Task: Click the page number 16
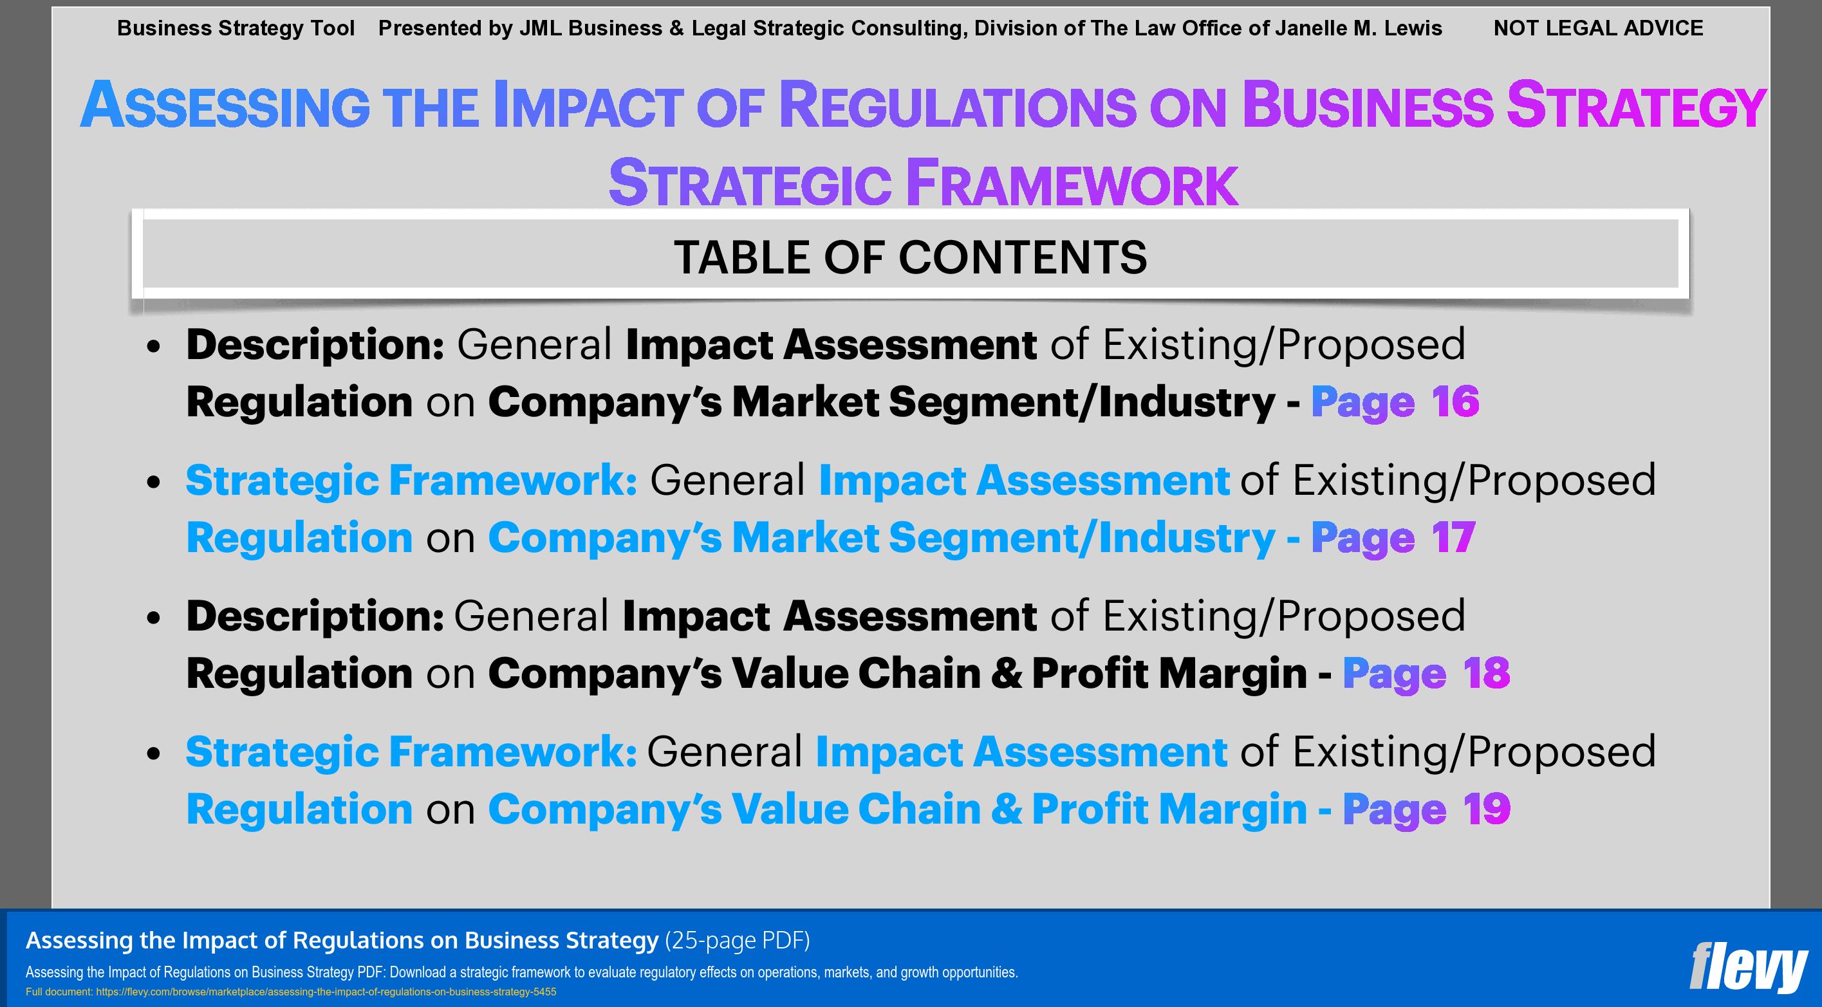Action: (x=1455, y=402)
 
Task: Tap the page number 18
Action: (x=1486, y=672)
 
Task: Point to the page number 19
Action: (x=1486, y=808)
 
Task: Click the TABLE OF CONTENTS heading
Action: (x=910, y=257)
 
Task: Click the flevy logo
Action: (x=1748, y=966)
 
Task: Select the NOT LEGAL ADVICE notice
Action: (x=1598, y=28)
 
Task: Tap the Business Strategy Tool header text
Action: (x=236, y=28)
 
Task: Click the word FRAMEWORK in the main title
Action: (x=1072, y=184)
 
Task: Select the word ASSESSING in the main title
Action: (x=225, y=106)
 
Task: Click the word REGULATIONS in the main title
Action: (x=958, y=106)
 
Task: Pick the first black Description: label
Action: (x=315, y=344)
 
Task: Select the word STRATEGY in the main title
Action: (x=1636, y=106)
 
